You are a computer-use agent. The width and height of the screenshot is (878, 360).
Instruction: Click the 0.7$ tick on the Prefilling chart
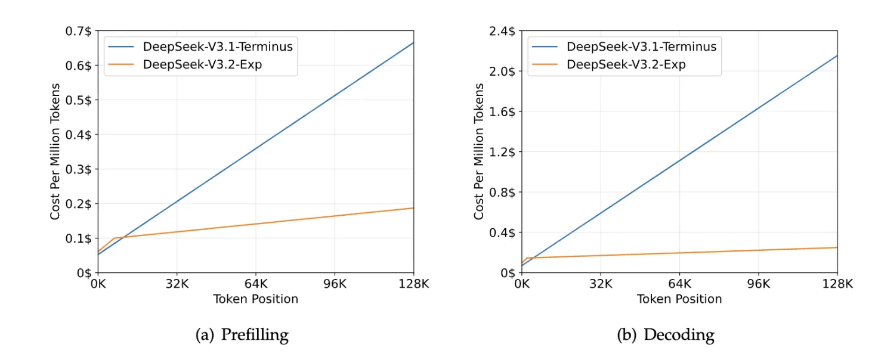click(80, 31)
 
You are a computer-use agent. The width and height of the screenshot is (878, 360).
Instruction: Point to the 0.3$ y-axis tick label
click(80, 169)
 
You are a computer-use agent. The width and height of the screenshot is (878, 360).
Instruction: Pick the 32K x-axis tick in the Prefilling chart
click(177, 284)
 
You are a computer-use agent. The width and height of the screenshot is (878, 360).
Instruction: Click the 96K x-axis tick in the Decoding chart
click(759, 284)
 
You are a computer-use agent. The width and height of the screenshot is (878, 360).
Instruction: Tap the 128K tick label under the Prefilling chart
click(413, 284)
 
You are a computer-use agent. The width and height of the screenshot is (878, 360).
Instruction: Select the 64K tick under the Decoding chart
click(680, 284)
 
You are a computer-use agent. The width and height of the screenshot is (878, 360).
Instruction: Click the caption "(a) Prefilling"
click(242, 335)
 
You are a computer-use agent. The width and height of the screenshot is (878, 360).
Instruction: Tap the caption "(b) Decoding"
click(665, 335)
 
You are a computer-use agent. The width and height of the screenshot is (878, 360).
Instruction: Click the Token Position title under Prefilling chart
click(255, 299)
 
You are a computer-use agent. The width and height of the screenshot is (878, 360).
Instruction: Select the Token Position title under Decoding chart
click(679, 299)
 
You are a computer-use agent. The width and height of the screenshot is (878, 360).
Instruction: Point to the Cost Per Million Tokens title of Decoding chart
click(479, 152)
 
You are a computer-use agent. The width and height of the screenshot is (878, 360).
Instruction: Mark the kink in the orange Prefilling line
click(114, 238)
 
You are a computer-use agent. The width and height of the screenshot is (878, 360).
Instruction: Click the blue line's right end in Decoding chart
click(837, 55)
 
